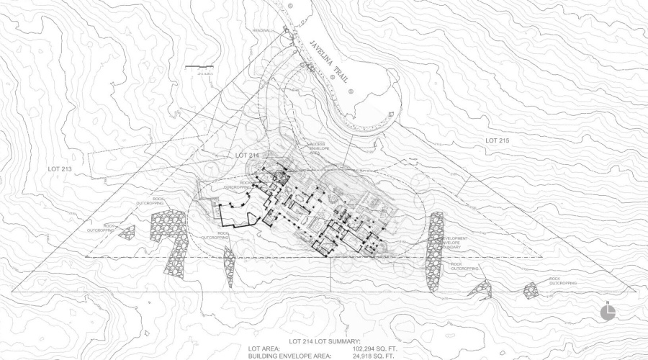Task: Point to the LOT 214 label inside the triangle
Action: pos(247,156)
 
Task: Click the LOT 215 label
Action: pos(497,138)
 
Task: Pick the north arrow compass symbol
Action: pos(608,312)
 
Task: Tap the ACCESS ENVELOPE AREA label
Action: pos(320,148)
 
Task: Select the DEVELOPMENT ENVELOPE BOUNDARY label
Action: pos(454,242)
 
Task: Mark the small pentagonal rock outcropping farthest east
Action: pos(531,290)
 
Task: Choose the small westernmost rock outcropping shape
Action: pos(127,231)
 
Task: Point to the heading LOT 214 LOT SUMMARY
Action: pos(324,341)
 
